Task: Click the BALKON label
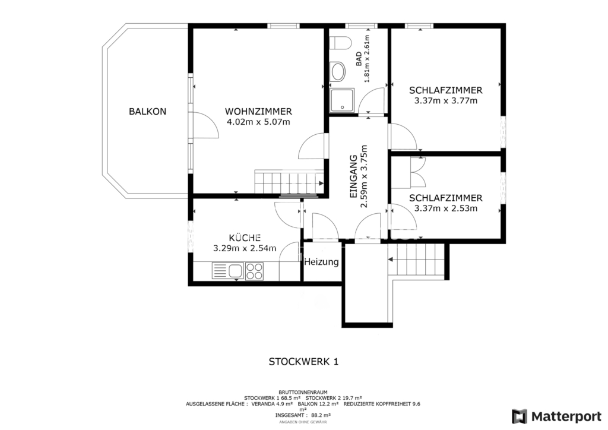pyautogui.click(x=147, y=112)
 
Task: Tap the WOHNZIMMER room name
pyautogui.click(x=258, y=112)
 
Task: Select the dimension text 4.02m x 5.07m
pyautogui.click(x=258, y=122)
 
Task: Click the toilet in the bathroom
pyautogui.click(x=340, y=43)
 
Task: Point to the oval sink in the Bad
pyautogui.click(x=338, y=72)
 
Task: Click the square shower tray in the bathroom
pyautogui.click(x=342, y=100)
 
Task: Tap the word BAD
pyautogui.click(x=359, y=59)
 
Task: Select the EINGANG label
pyautogui.click(x=353, y=177)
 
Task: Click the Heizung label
pyautogui.click(x=321, y=262)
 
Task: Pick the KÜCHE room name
pyautogui.click(x=245, y=238)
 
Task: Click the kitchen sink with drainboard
pyautogui.click(x=227, y=271)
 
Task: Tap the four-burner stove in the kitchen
pyautogui.click(x=254, y=271)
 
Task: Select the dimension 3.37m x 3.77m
pyautogui.click(x=446, y=101)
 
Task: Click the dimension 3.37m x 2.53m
pyautogui.click(x=446, y=208)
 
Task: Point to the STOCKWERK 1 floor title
pyautogui.click(x=303, y=362)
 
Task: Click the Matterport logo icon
pyautogui.click(x=520, y=416)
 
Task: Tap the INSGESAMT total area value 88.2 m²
pyautogui.click(x=321, y=415)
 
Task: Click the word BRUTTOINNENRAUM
pyautogui.click(x=303, y=393)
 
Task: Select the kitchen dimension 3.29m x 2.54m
pyautogui.click(x=245, y=248)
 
